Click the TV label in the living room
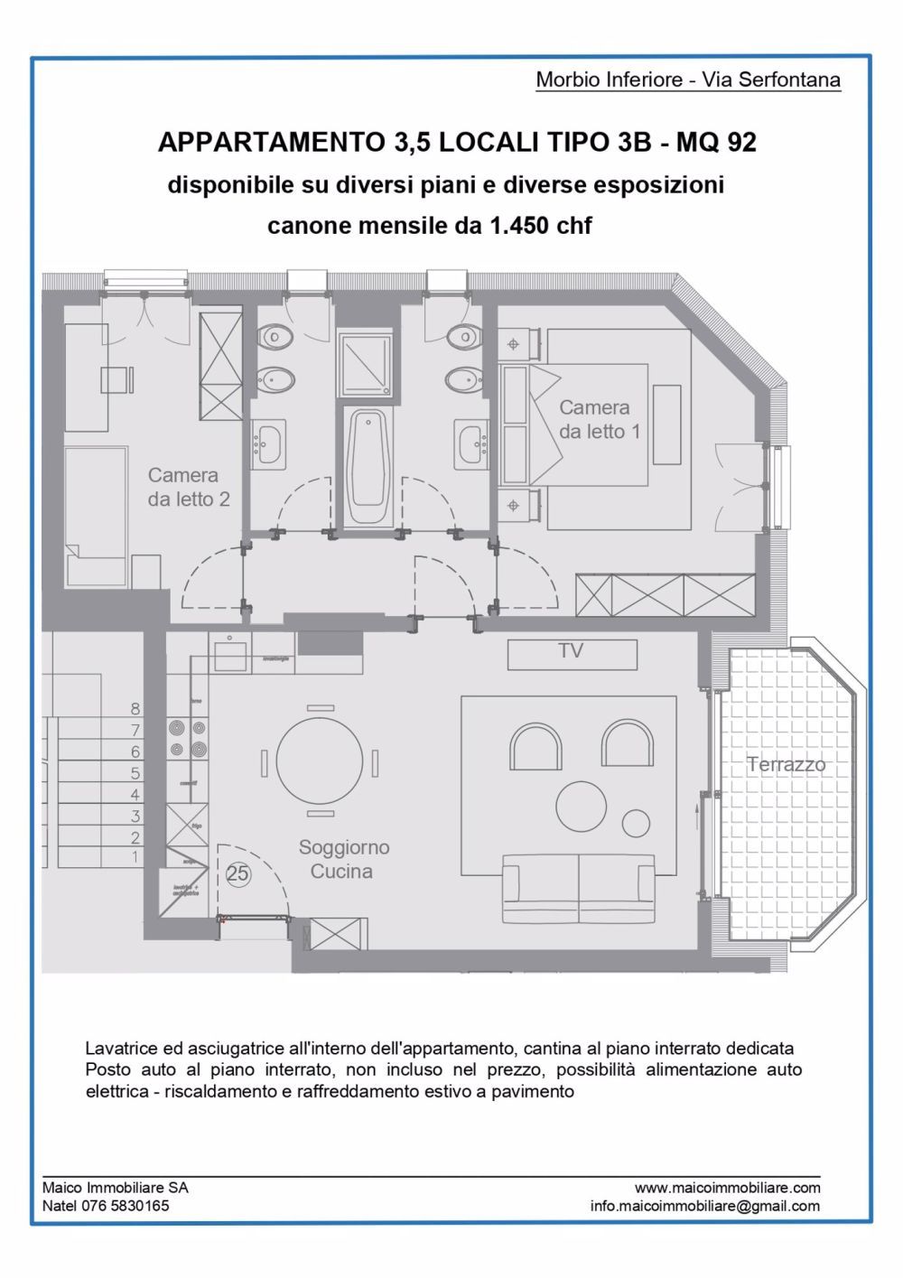pos(571,651)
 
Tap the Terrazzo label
pos(786,764)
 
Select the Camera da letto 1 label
pos(599,419)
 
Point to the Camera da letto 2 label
pos(189,487)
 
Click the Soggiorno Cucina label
pos(343,859)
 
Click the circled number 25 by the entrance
pos(237,873)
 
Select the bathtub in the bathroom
pos(367,467)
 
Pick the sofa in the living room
pos(578,890)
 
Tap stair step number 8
pos(135,709)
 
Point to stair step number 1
pos(135,856)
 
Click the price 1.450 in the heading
pos(519,226)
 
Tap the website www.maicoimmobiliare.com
pos(727,1188)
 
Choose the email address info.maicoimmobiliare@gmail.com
pos(704,1206)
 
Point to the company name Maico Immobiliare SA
pos(115,1188)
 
